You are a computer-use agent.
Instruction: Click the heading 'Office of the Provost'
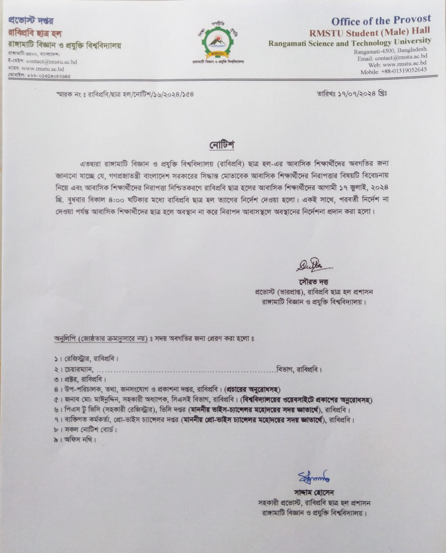coord(381,20)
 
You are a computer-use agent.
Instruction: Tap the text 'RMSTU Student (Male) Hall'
coord(369,32)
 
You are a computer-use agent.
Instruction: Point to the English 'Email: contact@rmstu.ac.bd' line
coord(392,58)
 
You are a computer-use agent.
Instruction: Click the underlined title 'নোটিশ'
coord(222,145)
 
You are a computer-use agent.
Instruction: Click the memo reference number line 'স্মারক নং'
coord(125,94)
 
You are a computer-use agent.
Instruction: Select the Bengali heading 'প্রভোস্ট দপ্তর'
coord(31,21)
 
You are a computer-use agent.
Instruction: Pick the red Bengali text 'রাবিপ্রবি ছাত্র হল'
coord(35,34)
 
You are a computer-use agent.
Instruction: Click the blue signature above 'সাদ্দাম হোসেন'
coord(313,477)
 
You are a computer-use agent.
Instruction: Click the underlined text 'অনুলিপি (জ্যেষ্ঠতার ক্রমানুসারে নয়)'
coord(101,338)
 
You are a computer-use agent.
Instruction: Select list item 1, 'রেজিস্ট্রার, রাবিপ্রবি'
coord(87,358)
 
